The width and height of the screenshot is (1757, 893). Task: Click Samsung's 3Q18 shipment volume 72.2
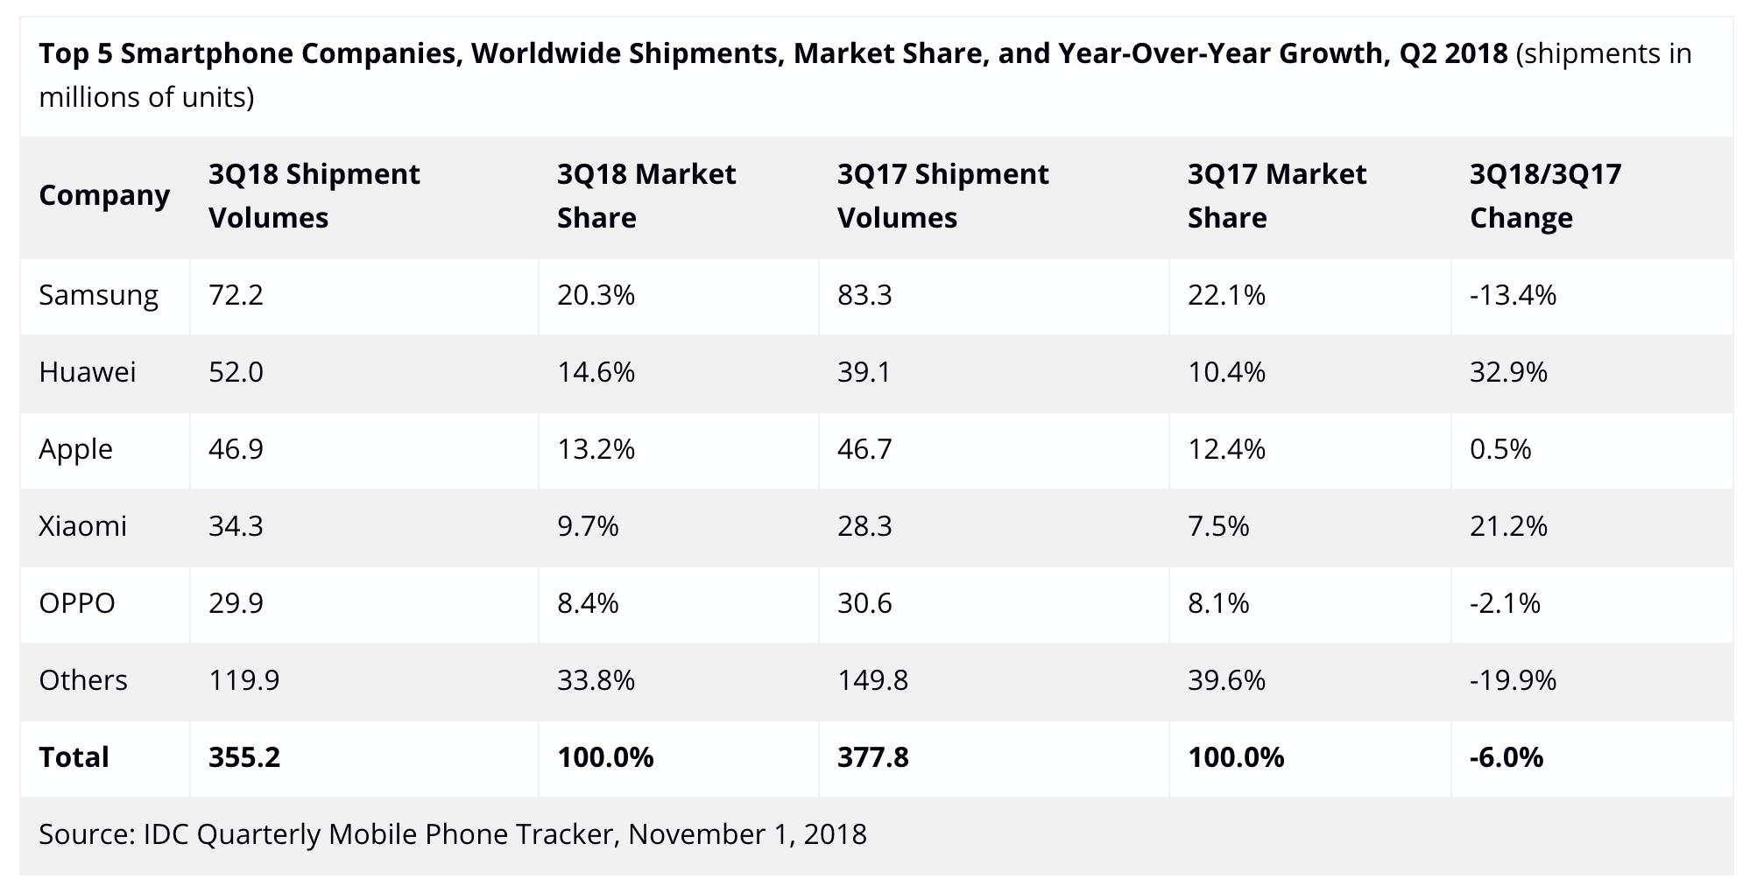236,295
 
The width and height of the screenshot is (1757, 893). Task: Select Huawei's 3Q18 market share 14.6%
596,372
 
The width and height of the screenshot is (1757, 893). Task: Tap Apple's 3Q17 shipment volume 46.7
864,449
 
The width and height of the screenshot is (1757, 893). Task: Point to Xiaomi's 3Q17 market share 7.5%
1217,526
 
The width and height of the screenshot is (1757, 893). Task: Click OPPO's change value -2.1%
1505,603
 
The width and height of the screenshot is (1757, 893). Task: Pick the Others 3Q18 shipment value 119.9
243,680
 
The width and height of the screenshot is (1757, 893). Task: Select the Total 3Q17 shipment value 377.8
872,757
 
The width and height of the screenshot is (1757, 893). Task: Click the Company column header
104,195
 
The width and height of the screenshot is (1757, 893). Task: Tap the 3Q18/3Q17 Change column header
1545,195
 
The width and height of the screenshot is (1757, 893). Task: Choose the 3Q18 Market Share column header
646,195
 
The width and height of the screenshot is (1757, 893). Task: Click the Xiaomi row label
82,526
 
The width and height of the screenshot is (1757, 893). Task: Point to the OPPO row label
77,603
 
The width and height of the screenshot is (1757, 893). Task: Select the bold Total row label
74,757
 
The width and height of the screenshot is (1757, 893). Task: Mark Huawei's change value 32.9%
1508,372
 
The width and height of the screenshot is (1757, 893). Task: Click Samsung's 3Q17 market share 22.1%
1226,295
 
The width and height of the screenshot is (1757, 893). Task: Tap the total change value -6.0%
1507,757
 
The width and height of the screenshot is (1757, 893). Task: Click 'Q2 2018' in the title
1453,54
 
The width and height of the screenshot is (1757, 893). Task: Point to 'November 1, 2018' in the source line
747,834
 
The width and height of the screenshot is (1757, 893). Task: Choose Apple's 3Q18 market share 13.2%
596,449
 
